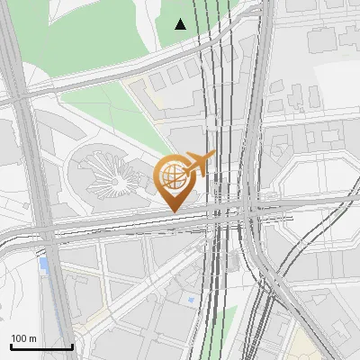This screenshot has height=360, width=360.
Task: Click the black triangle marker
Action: coord(181,24)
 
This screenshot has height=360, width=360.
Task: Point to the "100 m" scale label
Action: coord(23,338)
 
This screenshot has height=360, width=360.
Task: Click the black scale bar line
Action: coord(41,346)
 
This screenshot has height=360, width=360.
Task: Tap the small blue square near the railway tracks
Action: coord(192,298)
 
